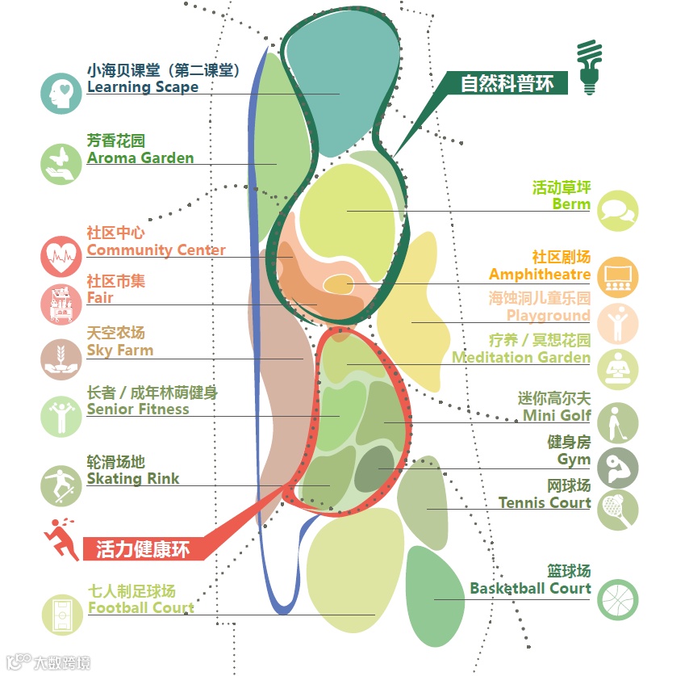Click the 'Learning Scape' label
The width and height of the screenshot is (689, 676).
click(142, 87)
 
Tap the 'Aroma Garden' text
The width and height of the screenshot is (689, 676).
click(140, 157)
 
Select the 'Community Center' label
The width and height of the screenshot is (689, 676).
click(156, 250)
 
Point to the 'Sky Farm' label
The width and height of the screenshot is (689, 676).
click(119, 350)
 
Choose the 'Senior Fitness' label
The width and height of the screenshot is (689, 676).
click(138, 409)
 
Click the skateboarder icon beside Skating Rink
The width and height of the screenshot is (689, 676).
click(61, 485)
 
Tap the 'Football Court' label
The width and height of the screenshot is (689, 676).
click(140, 607)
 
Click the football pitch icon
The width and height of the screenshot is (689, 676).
click(61, 615)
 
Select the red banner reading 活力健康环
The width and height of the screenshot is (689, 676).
click(143, 550)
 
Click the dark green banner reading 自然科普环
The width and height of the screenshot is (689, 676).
click(507, 83)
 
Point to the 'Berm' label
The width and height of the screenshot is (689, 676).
click(571, 204)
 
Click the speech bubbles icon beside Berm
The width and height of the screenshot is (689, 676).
click(618, 211)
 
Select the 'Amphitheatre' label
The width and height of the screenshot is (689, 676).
click(540, 275)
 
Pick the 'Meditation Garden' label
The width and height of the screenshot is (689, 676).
click(521, 357)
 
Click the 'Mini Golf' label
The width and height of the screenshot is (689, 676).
click(557, 415)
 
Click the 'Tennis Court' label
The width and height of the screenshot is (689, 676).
click(545, 502)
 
